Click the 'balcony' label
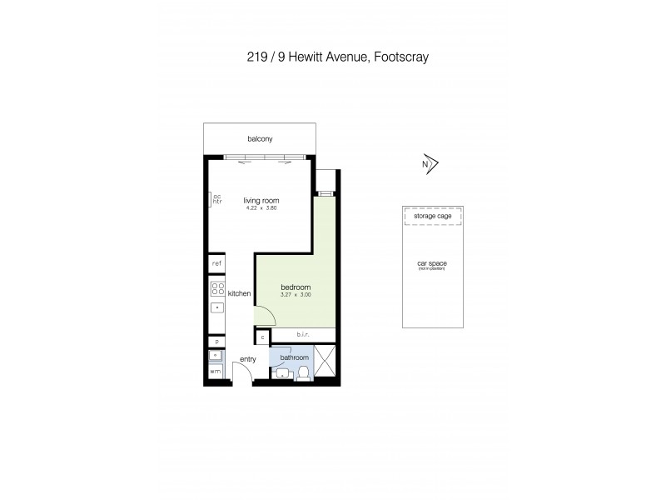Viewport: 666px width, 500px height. tap(260, 139)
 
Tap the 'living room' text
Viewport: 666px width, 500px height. tap(261, 200)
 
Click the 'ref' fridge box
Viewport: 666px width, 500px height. tap(216, 263)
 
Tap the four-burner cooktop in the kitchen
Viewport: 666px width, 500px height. tap(216, 289)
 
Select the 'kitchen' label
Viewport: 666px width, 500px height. tap(240, 293)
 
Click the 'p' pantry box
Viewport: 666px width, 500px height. tap(216, 342)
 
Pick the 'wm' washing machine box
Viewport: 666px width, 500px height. tap(216, 371)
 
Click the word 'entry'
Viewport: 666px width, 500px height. tap(248, 359)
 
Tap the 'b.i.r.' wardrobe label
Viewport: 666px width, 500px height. tap(303, 335)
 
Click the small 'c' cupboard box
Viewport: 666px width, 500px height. tap(262, 337)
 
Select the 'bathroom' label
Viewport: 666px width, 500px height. tap(294, 357)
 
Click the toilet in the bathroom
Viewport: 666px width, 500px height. tap(305, 372)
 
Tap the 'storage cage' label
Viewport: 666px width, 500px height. tap(433, 216)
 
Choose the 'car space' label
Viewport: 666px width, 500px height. tap(433, 264)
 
